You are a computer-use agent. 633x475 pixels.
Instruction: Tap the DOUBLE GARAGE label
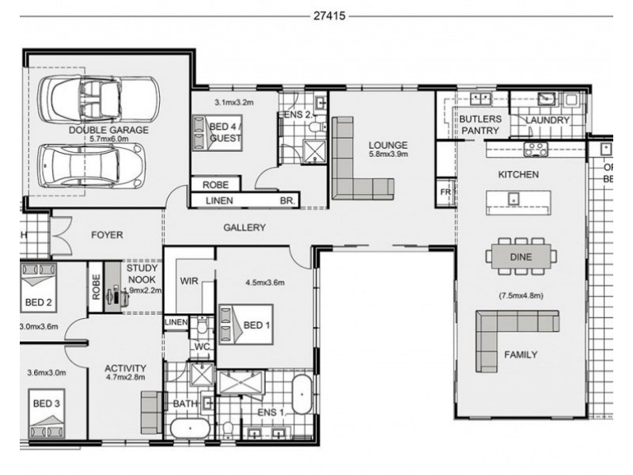pos(108,130)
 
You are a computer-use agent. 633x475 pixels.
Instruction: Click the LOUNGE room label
pos(388,146)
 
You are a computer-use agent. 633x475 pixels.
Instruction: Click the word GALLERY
pos(244,227)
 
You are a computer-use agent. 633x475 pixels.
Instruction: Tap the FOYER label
pos(106,234)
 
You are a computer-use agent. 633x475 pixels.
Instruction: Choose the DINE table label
pos(520,256)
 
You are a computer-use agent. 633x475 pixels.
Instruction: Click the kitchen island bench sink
pos(514,197)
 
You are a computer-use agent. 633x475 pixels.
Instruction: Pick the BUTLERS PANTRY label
pos(480,125)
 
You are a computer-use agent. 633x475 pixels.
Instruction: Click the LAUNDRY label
pos(548,120)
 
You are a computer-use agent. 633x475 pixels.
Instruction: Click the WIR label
pos(188,281)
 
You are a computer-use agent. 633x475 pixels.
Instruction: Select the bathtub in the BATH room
pos(190,429)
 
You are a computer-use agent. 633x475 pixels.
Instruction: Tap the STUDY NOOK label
pos(143,273)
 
